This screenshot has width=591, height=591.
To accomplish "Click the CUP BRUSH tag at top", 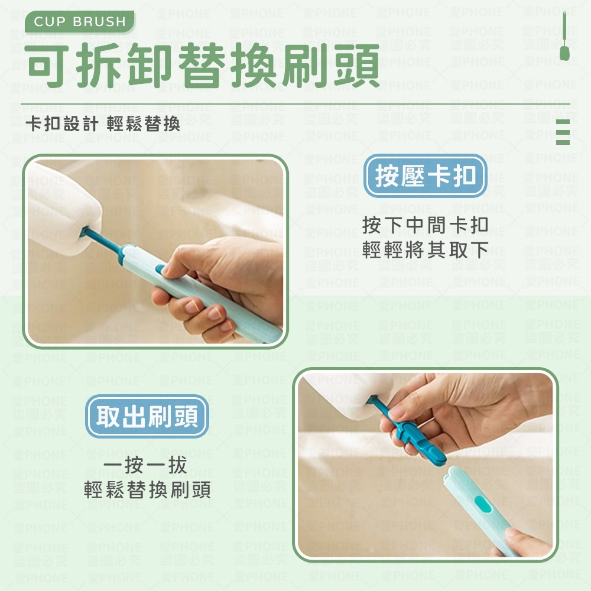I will tap(80, 22).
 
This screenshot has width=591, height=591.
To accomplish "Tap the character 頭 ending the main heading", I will tap(355, 66).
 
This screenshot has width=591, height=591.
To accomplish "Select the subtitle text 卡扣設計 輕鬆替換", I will tap(103, 123).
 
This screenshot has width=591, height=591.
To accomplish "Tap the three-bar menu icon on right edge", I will tap(563, 131).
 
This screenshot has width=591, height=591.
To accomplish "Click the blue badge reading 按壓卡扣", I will tap(425, 177).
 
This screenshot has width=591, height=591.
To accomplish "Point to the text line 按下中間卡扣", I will tap(425, 225).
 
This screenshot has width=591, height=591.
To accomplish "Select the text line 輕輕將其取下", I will tap(425, 250).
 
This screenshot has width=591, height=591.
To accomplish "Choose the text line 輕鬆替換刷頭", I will tap(147, 491).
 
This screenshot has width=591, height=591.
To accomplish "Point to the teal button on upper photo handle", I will tap(160, 269).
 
